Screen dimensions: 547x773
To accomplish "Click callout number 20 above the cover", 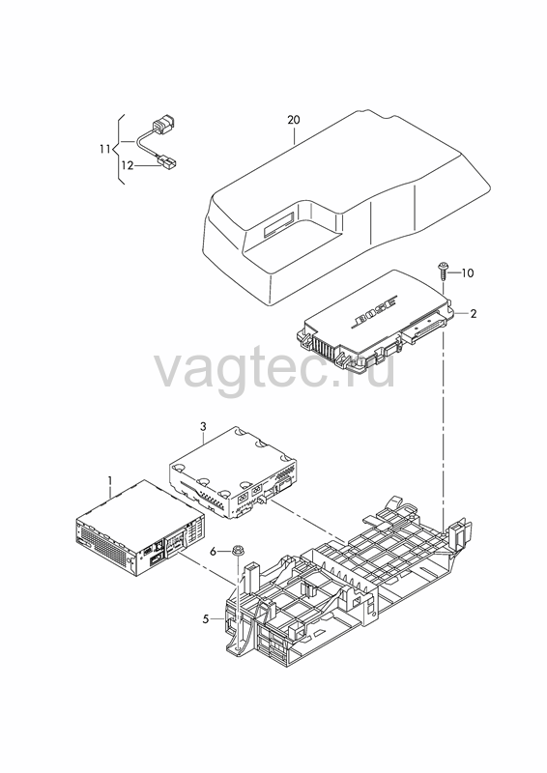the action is click(x=294, y=120).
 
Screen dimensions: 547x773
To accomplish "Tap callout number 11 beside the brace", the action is click(x=104, y=149).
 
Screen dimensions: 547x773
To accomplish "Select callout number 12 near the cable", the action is click(x=128, y=165).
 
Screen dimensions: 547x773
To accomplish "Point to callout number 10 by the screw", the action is click(x=467, y=272).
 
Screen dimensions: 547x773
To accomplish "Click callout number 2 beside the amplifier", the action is click(x=473, y=313).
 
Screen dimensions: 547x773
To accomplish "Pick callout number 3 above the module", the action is click(x=203, y=426).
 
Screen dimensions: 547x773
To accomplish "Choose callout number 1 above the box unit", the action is click(x=110, y=480).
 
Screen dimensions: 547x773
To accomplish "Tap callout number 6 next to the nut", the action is click(x=213, y=552).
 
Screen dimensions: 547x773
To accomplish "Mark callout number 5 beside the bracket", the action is click(x=206, y=619).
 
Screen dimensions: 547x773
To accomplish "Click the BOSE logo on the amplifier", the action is click(x=373, y=312).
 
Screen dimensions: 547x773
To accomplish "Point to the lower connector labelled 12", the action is click(x=167, y=162).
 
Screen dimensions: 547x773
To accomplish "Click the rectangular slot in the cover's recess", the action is click(x=279, y=223).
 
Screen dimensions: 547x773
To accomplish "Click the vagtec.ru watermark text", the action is click(x=275, y=369).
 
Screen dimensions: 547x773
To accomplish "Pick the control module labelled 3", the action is click(x=233, y=472).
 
